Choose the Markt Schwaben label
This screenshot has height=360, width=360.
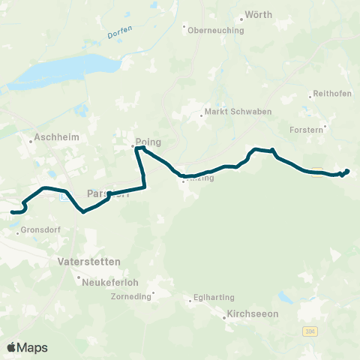pos(232,115)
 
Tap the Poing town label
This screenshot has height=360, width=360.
pos(149,141)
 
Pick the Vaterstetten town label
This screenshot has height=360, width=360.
pos(88,262)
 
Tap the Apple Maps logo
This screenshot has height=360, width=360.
pos(27,347)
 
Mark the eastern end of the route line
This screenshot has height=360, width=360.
pos(348,171)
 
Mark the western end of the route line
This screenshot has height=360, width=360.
pos(11,213)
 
